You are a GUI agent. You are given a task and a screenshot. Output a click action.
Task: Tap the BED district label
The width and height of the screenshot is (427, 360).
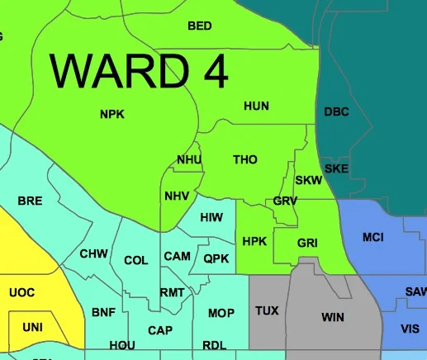coord(200,26)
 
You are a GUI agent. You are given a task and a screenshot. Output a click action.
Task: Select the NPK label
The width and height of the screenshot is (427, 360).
coord(111,114)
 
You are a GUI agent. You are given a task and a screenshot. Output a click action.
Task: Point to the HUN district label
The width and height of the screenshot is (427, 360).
coord(257,106)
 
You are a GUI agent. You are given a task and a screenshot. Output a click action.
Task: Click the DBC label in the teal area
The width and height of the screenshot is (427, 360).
coord(337,111)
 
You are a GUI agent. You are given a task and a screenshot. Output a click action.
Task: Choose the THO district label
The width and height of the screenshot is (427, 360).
coord(245,159)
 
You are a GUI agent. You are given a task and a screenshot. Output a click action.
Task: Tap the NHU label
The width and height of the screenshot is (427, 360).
coord(189,159)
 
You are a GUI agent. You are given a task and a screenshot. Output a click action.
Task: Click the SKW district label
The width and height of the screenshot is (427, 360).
coord(307,180)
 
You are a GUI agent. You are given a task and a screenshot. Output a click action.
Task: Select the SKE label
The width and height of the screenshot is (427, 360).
coord(336,168)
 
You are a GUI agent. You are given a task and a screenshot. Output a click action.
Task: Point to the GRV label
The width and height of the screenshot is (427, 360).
coord(285,201)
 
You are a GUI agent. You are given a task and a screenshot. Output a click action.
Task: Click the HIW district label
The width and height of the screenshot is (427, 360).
coord(212,217)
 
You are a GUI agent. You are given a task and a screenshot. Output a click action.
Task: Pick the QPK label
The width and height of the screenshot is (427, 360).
coord(217,258)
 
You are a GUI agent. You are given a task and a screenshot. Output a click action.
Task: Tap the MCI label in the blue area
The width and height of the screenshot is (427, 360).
coord(373,238)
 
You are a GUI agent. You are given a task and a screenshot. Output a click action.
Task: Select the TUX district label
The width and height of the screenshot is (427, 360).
coord(267,310)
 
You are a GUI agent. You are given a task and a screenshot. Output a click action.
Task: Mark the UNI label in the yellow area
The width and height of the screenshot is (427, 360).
coord(32,327)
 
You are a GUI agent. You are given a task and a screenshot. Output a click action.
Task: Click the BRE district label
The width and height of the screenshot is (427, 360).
coord(30,201)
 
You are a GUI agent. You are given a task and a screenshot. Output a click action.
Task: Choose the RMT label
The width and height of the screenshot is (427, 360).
coord(173,293)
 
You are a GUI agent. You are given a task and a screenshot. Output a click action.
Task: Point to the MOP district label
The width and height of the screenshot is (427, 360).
coord(221,313)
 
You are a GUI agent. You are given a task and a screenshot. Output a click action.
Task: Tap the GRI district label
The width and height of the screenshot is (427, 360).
coord(307,243)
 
